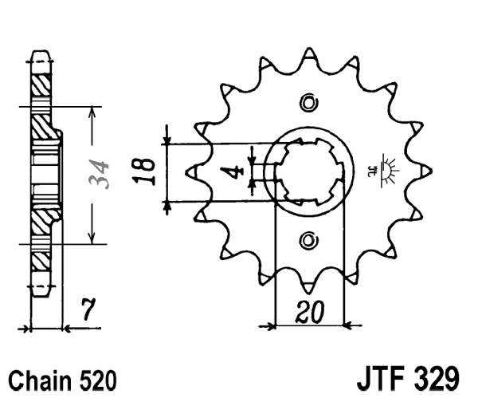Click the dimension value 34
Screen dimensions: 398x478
100,175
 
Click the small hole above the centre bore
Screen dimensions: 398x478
309,103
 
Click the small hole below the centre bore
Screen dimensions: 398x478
309,241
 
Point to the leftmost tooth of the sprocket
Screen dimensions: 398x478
190,171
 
